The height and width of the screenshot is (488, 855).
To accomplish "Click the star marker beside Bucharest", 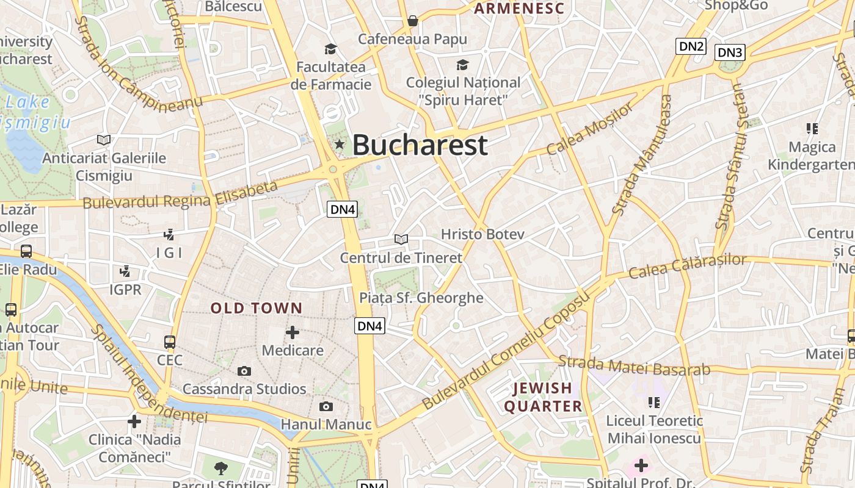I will pyautogui.click(x=340, y=145).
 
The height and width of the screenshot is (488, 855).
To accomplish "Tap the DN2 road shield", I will pyautogui.click(x=691, y=46).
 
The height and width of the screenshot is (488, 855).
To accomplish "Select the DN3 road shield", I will pyautogui.click(x=730, y=52).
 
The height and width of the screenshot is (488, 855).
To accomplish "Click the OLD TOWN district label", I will pyautogui.click(x=256, y=308).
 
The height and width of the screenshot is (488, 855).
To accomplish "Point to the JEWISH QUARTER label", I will pyautogui.click(x=543, y=397).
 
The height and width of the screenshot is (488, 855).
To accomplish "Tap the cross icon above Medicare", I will pyautogui.click(x=293, y=332).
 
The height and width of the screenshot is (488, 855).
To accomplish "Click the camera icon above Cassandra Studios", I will pyautogui.click(x=244, y=371).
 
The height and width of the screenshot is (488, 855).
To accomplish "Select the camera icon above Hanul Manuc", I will pyautogui.click(x=326, y=406).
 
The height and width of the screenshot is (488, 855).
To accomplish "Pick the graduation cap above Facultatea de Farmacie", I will pyautogui.click(x=330, y=49).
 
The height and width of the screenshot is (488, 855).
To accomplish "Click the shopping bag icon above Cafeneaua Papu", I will pyautogui.click(x=413, y=21).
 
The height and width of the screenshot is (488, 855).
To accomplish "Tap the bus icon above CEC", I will pyautogui.click(x=170, y=342).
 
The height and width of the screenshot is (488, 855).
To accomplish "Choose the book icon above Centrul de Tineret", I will pyautogui.click(x=401, y=240).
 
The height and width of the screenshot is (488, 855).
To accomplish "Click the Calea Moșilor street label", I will pyautogui.click(x=591, y=129).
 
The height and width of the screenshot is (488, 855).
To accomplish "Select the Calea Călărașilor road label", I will pyautogui.click(x=687, y=266).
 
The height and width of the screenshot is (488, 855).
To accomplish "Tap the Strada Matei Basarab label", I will pyautogui.click(x=635, y=365).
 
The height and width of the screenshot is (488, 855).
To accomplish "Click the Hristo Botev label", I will pyautogui.click(x=482, y=234).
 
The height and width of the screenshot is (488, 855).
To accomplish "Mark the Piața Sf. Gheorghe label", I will pyautogui.click(x=421, y=298).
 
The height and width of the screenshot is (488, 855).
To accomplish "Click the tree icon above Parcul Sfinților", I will pyautogui.click(x=221, y=468).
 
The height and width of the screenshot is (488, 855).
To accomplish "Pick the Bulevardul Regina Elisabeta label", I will pyautogui.click(x=181, y=195).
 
